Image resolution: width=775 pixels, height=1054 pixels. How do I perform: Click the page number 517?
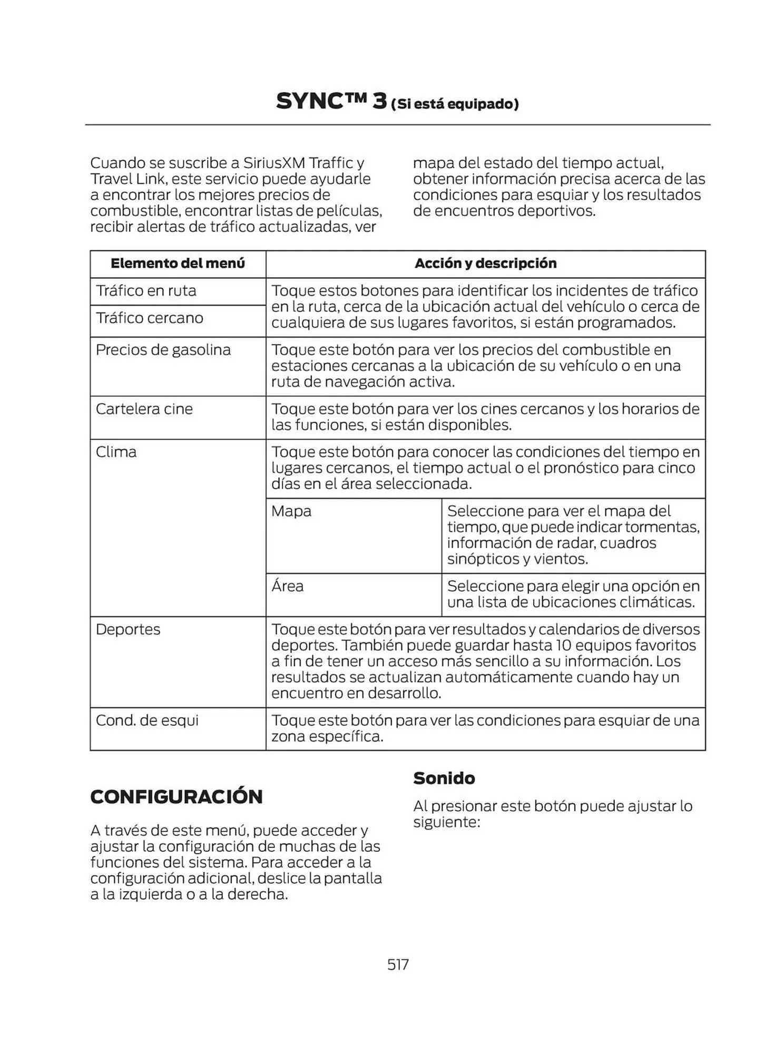[398, 964]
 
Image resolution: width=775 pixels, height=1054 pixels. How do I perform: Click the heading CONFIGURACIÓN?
[176, 796]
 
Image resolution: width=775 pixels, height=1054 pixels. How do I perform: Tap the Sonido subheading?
[444, 778]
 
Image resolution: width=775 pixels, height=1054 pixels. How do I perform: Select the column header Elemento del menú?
[178, 263]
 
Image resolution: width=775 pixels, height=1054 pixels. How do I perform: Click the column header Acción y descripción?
[485, 263]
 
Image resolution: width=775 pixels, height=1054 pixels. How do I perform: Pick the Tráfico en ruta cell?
[146, 291]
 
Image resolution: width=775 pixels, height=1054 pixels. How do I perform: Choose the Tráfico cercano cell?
[150, 318]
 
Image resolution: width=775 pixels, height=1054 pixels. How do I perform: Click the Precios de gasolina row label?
[163, 350]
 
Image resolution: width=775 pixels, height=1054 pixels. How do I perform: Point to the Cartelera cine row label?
[144, 409]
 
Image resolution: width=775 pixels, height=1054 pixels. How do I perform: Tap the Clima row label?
[116, 452]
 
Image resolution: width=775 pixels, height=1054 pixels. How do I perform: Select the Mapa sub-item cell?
[291, 511]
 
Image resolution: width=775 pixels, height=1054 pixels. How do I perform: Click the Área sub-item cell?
[288, 586]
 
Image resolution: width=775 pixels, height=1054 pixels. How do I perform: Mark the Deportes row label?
[128, 629]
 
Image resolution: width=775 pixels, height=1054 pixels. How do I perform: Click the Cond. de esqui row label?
[147, 720]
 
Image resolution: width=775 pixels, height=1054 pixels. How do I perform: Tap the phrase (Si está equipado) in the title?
[455, 104]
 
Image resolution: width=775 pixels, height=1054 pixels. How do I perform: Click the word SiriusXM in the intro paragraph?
[274, 163]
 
